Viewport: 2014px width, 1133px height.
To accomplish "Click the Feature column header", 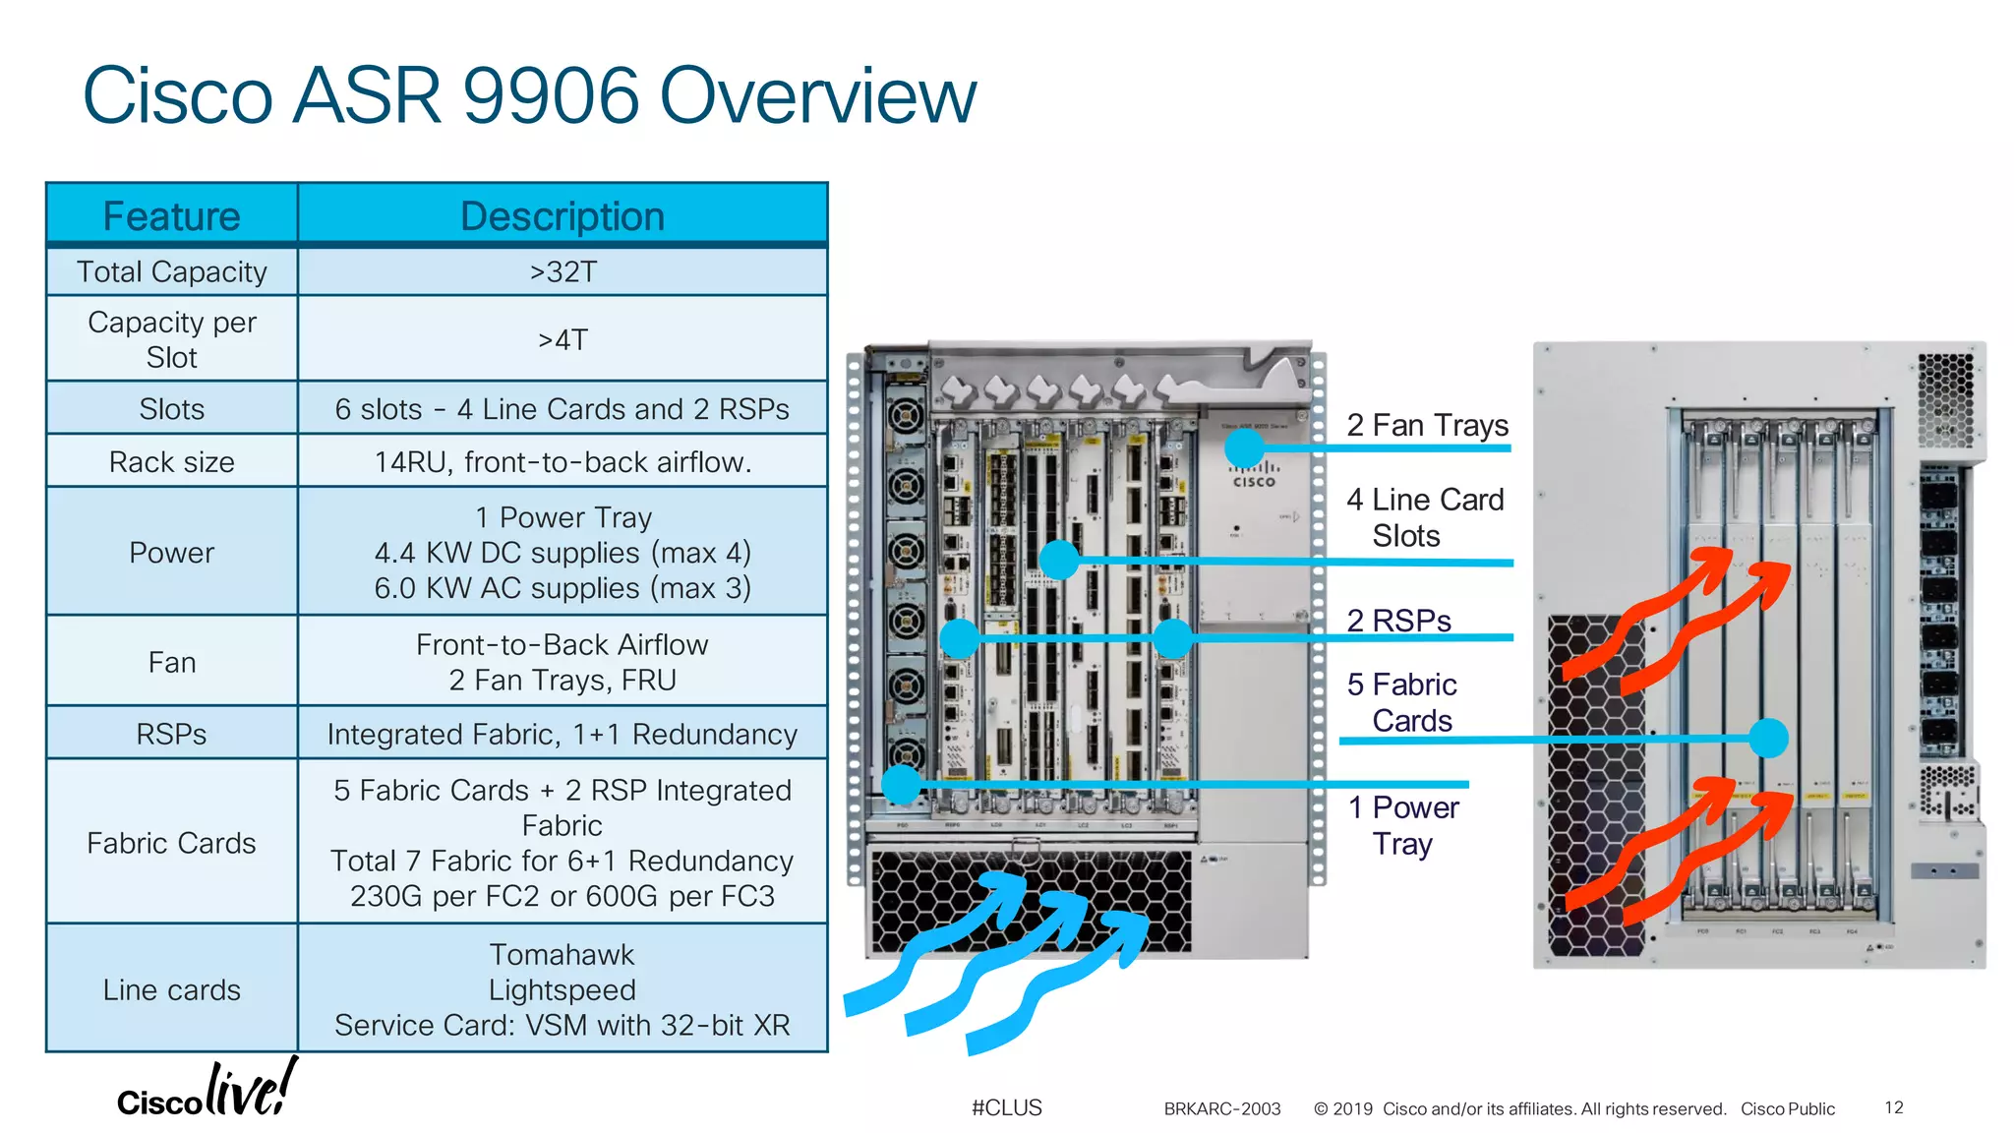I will [171, 216].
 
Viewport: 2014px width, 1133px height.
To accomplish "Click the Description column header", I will [563, 216].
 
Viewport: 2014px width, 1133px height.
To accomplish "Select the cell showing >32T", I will [563, 271].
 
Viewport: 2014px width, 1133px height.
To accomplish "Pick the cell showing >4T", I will [563, 339].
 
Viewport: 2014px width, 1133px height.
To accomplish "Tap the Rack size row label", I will [171, 461].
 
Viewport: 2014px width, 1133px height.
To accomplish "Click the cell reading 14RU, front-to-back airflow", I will [563, 461].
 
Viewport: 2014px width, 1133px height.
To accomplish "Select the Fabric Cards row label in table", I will [171, 843].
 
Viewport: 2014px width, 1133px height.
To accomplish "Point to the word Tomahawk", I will [563, 954].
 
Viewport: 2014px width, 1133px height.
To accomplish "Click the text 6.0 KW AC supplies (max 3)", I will [563, 588].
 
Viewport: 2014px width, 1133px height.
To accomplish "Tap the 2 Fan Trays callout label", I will [1427, 425].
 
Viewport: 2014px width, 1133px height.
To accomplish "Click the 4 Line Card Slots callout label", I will [1425, 517].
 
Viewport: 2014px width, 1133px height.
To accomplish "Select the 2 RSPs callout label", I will [1398, 621].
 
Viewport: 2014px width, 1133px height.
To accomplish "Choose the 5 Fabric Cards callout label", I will [1401, 702].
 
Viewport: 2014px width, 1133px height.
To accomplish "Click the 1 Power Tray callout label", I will [1403, 825].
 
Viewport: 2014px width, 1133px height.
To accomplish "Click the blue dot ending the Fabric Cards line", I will [1768, 738].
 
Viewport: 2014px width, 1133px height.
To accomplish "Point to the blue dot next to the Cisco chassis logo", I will [1244, 448].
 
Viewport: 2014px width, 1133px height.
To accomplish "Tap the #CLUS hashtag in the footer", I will [1006, 1107].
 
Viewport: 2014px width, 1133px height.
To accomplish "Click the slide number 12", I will [1893, 1107].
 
